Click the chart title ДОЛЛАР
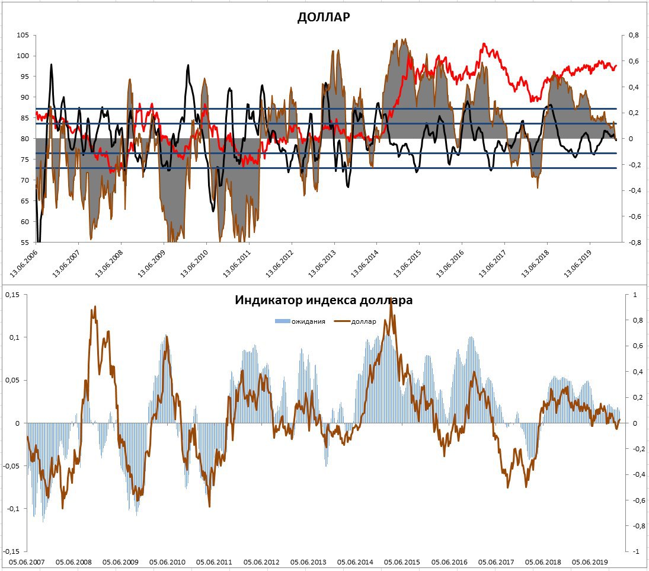(324, 17)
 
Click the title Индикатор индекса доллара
(324, 300)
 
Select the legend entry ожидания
(303, 321)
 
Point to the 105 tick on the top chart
(23, 35)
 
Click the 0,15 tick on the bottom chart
(13, 295)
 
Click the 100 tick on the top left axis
(23, 56)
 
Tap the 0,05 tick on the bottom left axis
(13, 380)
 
